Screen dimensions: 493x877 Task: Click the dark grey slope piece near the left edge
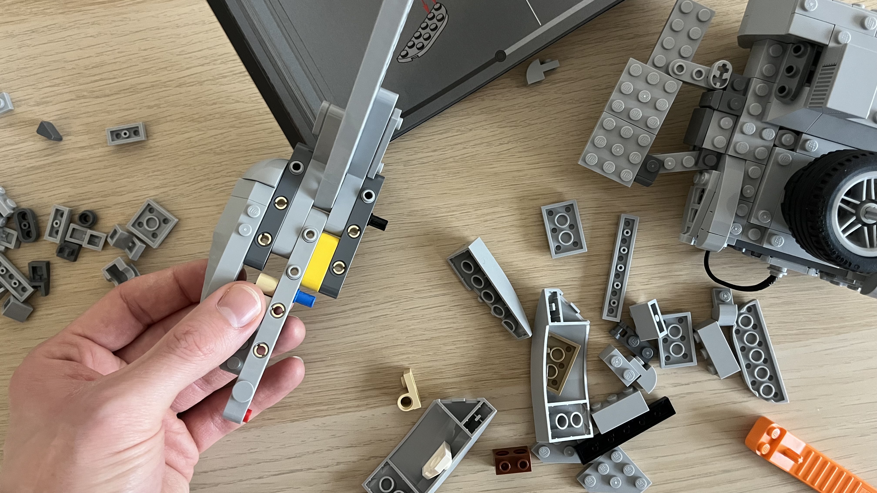(x=49, y=131)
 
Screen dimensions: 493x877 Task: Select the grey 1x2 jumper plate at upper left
(x=126, y=134)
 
